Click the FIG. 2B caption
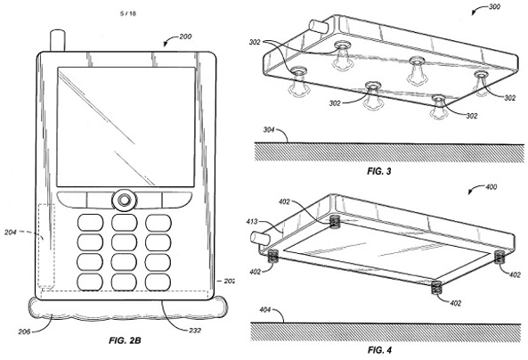[x=125, y=340]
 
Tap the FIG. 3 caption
[x=379, y=171]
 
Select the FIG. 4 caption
[x=379, y=350]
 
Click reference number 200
[x=185, y=37]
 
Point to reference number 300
[x=494, y=6]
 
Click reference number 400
[x=491, y=187]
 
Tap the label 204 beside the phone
[x=11, y=232]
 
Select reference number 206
[x=24, y=331]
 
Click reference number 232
[x=195, y=331]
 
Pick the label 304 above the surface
[x=269, y=130]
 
